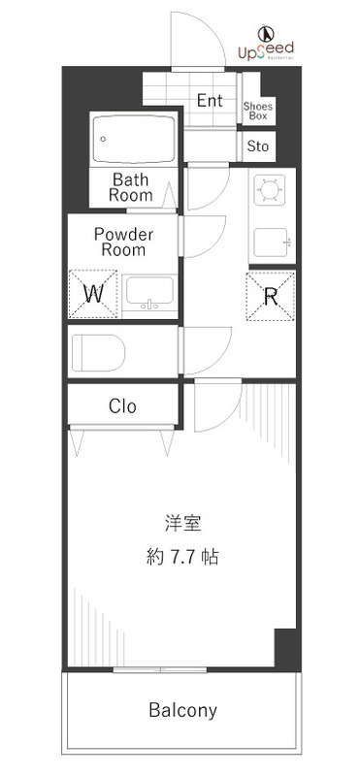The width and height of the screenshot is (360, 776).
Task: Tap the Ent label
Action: point(210,101)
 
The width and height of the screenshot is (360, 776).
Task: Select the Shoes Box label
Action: point(257,111)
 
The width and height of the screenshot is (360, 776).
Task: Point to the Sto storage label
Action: point(257,146)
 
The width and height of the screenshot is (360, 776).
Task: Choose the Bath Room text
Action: point(130,187)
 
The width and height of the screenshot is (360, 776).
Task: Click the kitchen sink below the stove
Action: point(273,240)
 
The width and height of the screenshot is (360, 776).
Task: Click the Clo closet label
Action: point(122,405)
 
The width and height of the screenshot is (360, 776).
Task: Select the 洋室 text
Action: point(181,524)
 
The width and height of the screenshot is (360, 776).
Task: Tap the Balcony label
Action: point(182,710)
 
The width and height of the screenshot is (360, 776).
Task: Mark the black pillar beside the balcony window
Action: point(284,648)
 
